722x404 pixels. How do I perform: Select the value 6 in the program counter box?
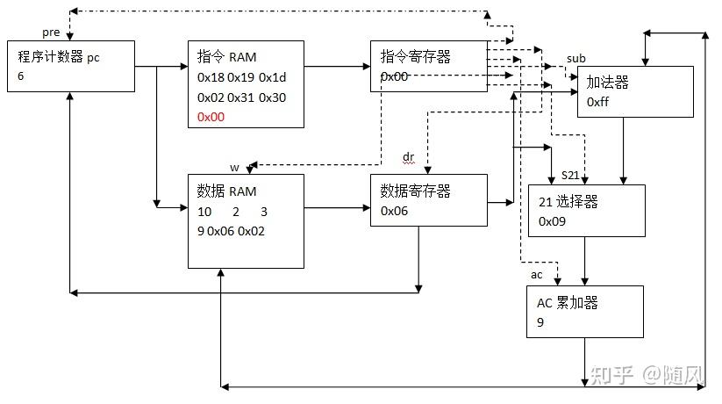click(x=21, y=76)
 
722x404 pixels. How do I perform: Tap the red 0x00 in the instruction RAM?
click(x=211, y=116)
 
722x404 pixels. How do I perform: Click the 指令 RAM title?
click(x=225, y=57)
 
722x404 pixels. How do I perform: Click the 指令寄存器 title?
click(x=415, y=57)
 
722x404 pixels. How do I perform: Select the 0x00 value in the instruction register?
click(x=394, y=76)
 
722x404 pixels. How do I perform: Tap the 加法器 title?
click(x=608, y=83)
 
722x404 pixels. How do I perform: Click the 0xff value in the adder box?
click(x=598, y=102)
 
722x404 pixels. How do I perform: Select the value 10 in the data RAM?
click(x=204, y=212)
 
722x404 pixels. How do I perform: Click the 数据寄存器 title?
click(x=415, y=191)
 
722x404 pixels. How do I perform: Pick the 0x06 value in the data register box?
click(x=394, y=211)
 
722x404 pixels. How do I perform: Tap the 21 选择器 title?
click(x=568, y=202)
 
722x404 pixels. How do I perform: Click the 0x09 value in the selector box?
click(x=552, y=221)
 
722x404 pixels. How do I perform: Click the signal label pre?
click(x=50, y=32)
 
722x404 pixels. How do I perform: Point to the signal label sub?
click(x=575, y=58)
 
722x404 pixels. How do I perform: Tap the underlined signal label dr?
click(x=408, y=156)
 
